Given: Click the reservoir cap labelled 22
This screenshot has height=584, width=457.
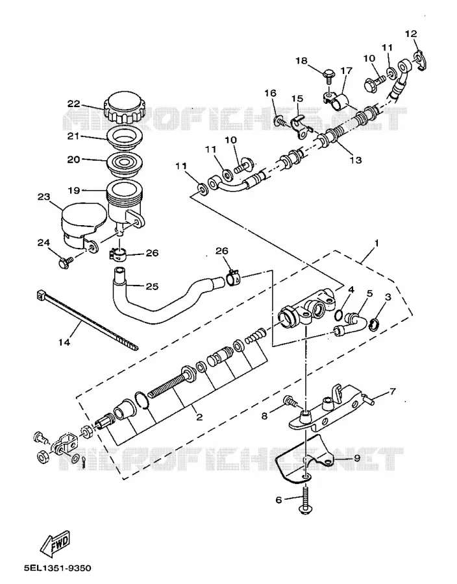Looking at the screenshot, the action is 123,108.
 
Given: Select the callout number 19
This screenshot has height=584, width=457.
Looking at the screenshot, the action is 74,190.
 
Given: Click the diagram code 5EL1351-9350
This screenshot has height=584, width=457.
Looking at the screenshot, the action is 57,568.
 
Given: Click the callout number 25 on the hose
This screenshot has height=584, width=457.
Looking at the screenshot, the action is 152,286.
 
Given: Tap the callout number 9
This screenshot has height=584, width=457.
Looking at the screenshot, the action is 357,457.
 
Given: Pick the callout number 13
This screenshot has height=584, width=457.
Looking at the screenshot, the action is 356,160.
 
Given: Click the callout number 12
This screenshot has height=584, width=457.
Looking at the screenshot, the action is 411,34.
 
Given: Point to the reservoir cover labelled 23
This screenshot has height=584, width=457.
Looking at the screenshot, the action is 80,225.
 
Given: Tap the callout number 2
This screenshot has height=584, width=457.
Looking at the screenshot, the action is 199,417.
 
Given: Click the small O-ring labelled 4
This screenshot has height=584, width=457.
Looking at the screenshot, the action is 339,315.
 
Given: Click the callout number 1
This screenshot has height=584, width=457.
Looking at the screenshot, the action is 377,243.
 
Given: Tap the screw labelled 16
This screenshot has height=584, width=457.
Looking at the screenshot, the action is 280,121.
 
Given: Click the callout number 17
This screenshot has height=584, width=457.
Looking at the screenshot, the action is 346,70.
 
